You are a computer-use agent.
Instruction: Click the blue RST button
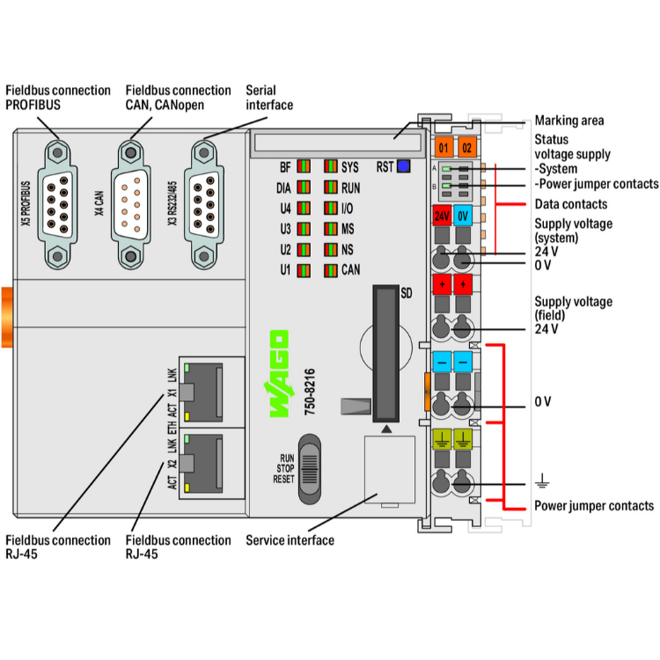[x=404, y=165]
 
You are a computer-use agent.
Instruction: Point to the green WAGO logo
[x=278, y=373]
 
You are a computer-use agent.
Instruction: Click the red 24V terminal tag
[x=443, y=214]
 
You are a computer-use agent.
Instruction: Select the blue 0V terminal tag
[x=465, y=214]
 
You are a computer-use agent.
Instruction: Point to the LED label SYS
[x=350, y=166]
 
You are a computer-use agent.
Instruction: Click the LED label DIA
[x=282, y=187]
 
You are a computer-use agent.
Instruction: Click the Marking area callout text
[x=569, y=121]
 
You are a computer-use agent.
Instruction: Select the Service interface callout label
[x=290, y=539]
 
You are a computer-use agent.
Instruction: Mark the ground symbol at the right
[x=542, y=480]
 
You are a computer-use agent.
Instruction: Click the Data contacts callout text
[x=570, y=204]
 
